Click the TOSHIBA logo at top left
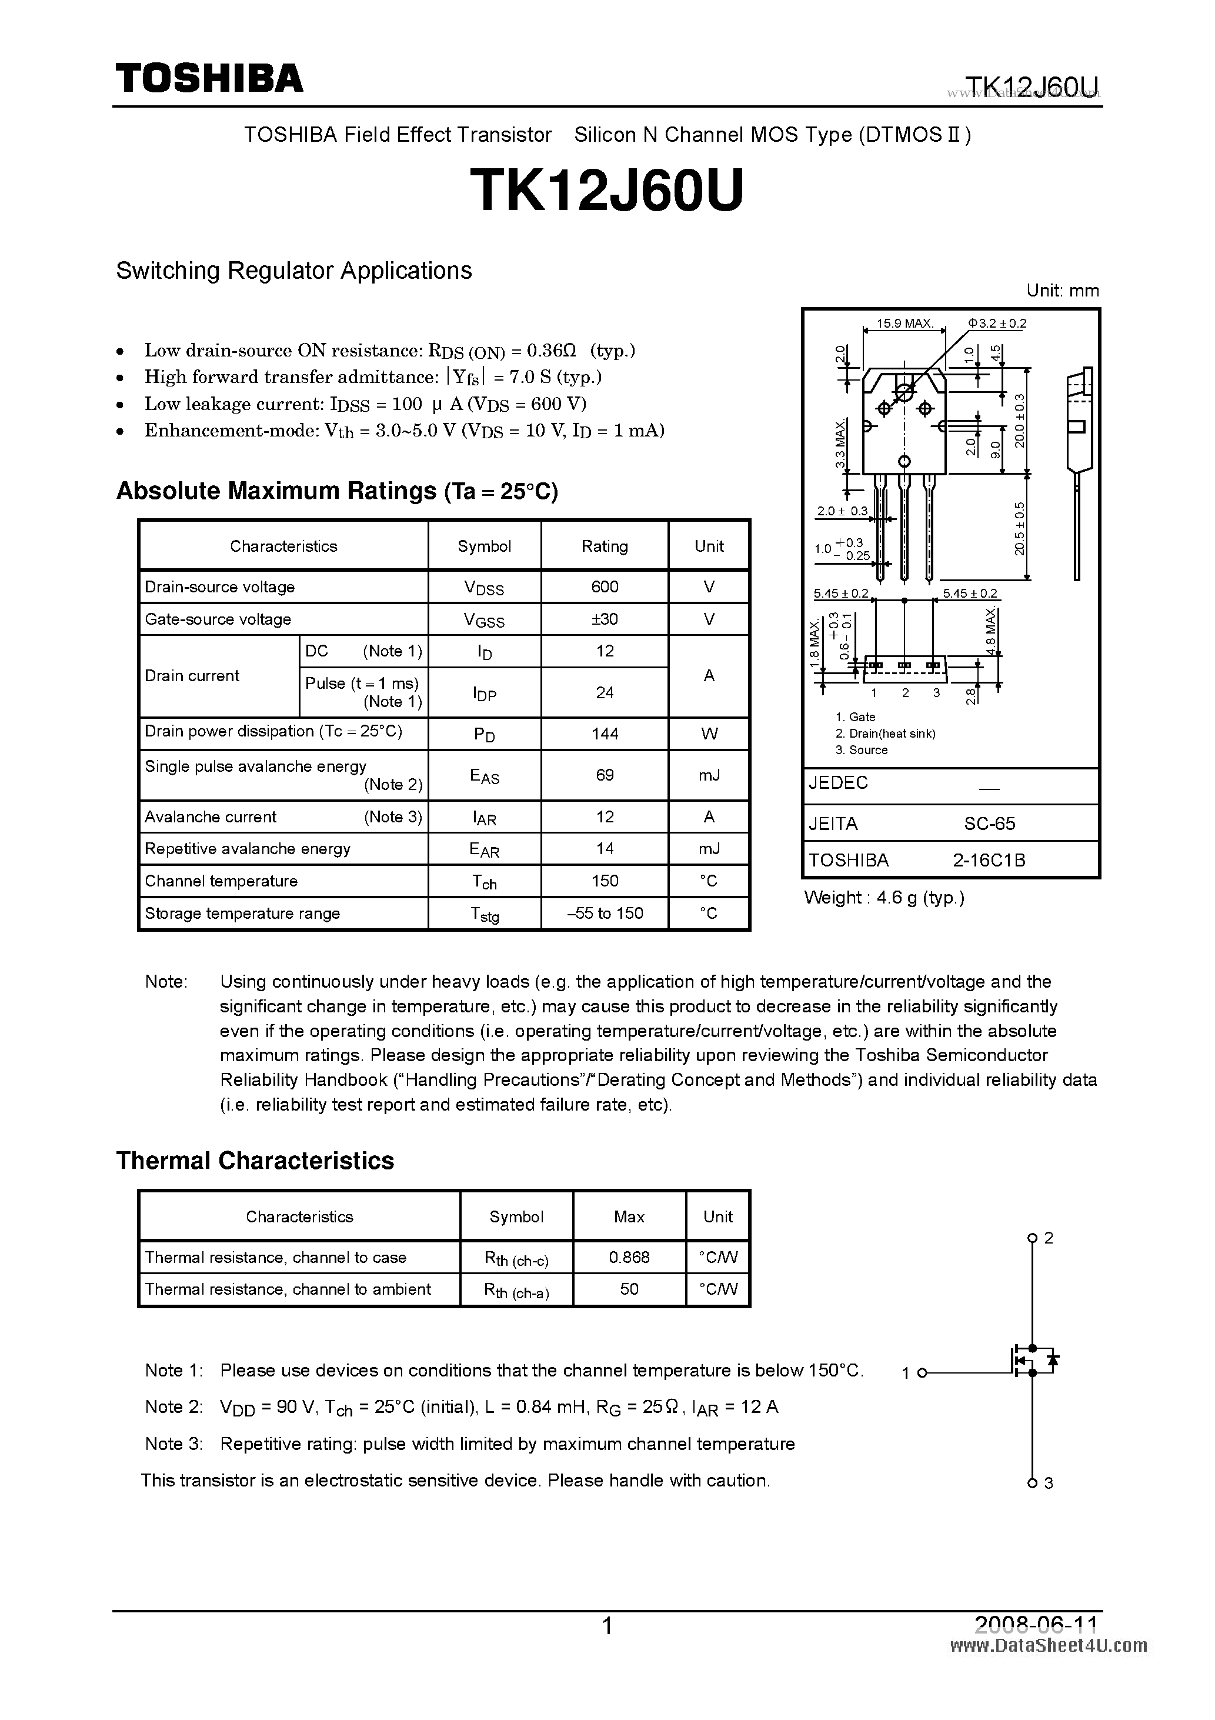point(209,78)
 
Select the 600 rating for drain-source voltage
point(605,586)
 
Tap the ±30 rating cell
point(605,619)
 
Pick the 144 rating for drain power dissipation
point(605,734)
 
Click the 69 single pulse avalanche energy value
point(605,775)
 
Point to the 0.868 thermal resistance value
point(629,1257)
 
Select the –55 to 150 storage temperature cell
point(605,912)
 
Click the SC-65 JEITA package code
point(989,824)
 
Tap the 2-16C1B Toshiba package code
point(989,860)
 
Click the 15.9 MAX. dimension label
point(904,324)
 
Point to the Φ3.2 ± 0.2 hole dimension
point(997,324)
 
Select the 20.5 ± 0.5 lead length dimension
point(1020,529)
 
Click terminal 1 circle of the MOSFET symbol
point(922,1372)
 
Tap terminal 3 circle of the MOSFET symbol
point(1032,1482)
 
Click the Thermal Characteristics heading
point(255,1161)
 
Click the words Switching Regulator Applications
point(293,271)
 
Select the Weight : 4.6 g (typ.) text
point(884,898)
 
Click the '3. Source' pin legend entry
point(862,750)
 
